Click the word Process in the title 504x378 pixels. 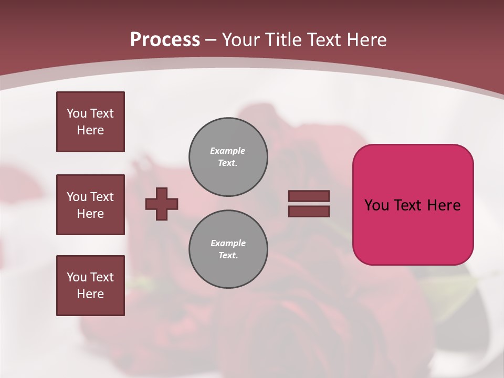click(165, 40)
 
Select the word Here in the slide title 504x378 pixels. click(365, 40)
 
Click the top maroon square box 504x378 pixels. click(90, 122)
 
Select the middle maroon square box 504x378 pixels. click(90, 205)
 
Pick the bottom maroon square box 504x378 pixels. click(90, 286)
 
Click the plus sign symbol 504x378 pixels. click(162, 204)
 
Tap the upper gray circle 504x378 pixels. click(228, 157)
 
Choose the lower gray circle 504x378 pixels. click(228, 249)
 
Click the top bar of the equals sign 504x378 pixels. click(309, 196)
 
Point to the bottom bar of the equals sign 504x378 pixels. click(309, 211)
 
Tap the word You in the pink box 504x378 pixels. click(377, 205)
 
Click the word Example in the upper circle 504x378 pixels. click(227, 151)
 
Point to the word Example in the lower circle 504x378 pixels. click(228, 243)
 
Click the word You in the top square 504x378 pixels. click(77, 113)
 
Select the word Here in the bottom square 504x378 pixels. click(90, 294)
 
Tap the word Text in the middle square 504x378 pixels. click(102, 197)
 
